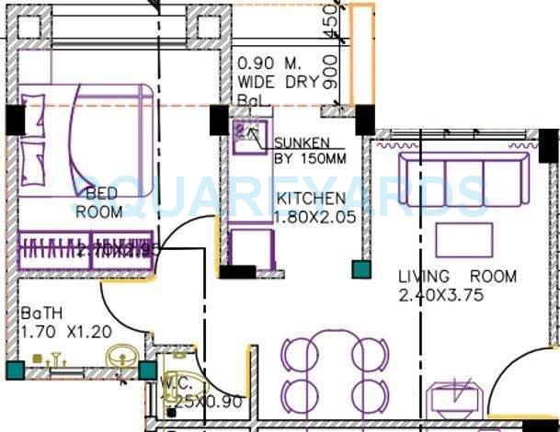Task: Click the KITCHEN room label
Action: pyautogui.click(x=312, y=199)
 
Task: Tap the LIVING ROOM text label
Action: pyautogui.click(x=457, y=277)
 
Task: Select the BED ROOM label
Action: pyautogui.click(x=98, y=202)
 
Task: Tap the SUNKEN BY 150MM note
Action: pyautogui.click(x=310, y=150)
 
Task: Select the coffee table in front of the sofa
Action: pyautogui.click(x=463, y=240)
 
